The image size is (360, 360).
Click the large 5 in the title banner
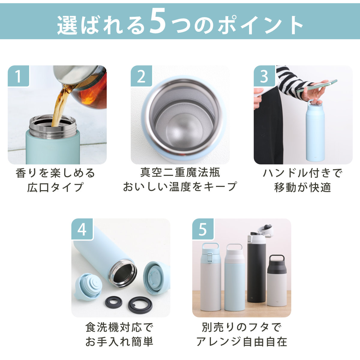tap(157, 22)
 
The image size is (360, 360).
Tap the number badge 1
tap(18, 76)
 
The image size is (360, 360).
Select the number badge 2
tap(141, 76)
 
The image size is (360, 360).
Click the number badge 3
tap(264, 76)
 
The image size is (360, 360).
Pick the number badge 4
tap(82, 229)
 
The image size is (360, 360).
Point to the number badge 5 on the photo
tap(203, 229)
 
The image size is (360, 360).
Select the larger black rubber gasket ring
tap(140, 305)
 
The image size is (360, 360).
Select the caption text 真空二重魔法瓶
tap(180, 172)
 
